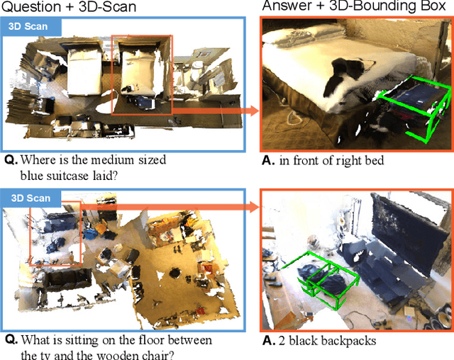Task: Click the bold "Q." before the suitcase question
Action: (x=11, y=161)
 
